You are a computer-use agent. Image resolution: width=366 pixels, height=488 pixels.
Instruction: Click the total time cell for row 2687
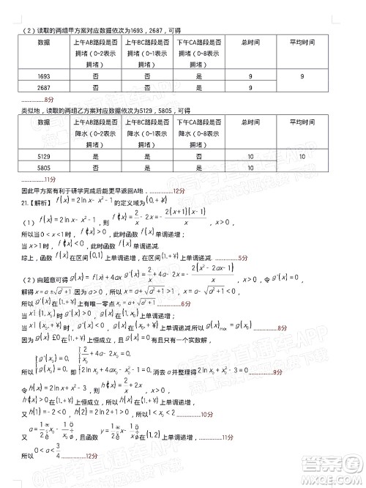(250, 89)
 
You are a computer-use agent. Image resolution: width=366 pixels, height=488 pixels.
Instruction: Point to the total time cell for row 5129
(250, 155)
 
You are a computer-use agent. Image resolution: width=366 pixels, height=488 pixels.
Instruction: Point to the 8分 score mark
(49, 99)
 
